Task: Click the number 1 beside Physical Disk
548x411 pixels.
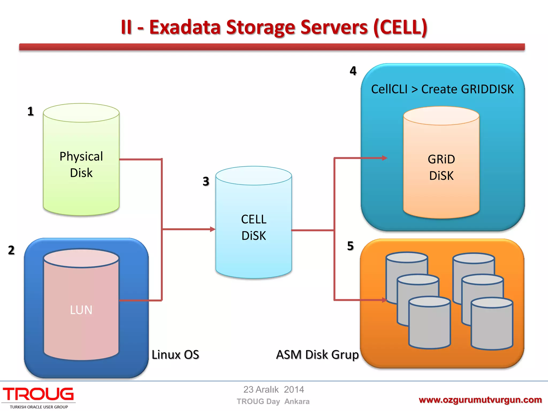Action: [x=31, y=111]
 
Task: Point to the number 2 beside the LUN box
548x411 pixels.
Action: [x=11, y=250]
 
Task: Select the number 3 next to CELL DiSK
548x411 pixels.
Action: [x=206, y=181]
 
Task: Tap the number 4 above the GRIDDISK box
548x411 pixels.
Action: [x=353, y=71]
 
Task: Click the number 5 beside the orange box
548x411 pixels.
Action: [x=350, y=246]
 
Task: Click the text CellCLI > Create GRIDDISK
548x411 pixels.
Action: [x=442, y=89]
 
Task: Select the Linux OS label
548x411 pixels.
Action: [x=175, y=355]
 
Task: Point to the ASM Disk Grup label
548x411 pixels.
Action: [x=317, y=355]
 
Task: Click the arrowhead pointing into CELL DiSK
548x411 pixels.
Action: [x=213, y=229]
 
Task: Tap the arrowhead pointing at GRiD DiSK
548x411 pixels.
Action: [x=385, y=158]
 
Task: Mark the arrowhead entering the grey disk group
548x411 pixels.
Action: [x=385, y=300]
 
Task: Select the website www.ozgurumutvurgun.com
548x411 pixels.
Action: [x=480, y=400]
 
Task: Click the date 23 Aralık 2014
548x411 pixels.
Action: [x=273, y=390]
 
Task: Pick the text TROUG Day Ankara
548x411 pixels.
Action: [x=273, y=401]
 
